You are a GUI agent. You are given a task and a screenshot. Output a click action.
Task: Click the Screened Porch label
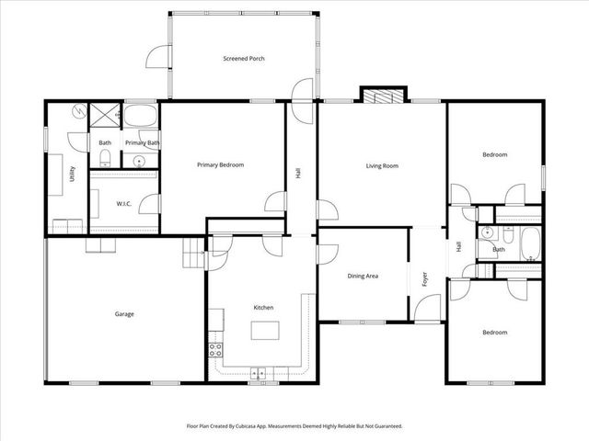pos(244,59)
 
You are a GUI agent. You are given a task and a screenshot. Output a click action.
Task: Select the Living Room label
pos(382,165)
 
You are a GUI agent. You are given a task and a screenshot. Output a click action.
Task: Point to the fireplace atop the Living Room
pos(381,96)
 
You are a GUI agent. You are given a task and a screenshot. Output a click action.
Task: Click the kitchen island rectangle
pos(266,330)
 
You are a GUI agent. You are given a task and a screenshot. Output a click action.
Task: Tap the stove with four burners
pos(217,349)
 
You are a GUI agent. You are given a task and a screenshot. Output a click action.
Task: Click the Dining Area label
pos(363,276)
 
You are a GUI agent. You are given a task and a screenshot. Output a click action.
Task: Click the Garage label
pos(124,314)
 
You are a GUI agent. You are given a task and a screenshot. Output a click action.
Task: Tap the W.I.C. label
pos(125,203)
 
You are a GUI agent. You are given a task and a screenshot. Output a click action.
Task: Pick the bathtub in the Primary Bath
pos(141,117)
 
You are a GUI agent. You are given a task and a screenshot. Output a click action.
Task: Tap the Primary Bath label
pos(143,143)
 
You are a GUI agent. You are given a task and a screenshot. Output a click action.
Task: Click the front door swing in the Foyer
pos(425,311)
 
